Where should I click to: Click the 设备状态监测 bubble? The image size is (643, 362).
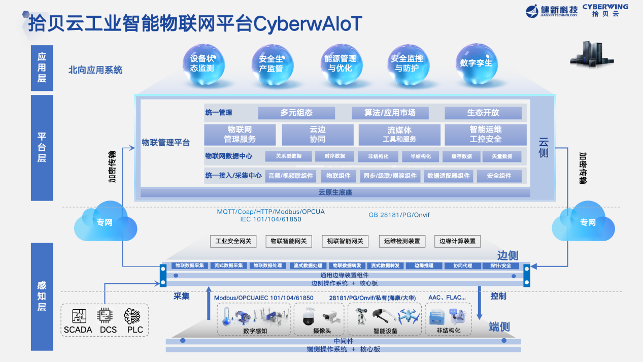[202, 63]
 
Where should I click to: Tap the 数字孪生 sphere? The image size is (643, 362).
[476, 63]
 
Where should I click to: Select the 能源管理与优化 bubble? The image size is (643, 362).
[340, 63]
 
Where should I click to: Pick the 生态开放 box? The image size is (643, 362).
[483, 113]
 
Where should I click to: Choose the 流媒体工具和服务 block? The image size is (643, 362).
[399, 135]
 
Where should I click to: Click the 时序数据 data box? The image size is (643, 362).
[334, 156]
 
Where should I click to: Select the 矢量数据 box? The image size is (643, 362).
[501, 156]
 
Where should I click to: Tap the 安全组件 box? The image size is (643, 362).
[499, 176]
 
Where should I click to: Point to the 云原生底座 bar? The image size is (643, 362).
[335, 192]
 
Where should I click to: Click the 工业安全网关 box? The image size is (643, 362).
[233, 241]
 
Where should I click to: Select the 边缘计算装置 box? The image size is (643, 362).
[457, 241]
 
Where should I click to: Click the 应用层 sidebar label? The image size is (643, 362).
[42, 68]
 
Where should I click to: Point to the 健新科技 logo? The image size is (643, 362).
[551, 10]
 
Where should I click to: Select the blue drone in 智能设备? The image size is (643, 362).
[410, 316]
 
